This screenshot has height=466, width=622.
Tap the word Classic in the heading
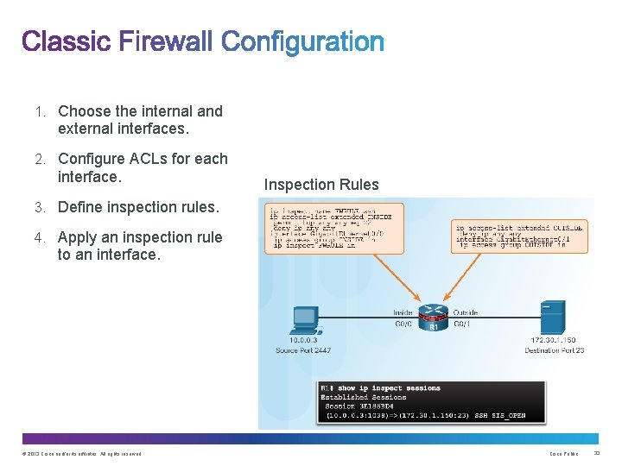[x=66, y=41]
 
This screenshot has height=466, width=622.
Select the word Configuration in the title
[x=302, y=41]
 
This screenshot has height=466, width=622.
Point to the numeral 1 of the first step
[x=40, y=111]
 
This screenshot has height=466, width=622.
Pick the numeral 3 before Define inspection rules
[x=40, y=207]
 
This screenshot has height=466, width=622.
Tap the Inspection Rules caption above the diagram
[x=321, y=185]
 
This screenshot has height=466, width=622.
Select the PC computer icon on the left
[x=306, y=320]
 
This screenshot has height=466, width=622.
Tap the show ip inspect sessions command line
[x=380, y=388]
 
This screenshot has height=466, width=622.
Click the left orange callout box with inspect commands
[x=333, y=227]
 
